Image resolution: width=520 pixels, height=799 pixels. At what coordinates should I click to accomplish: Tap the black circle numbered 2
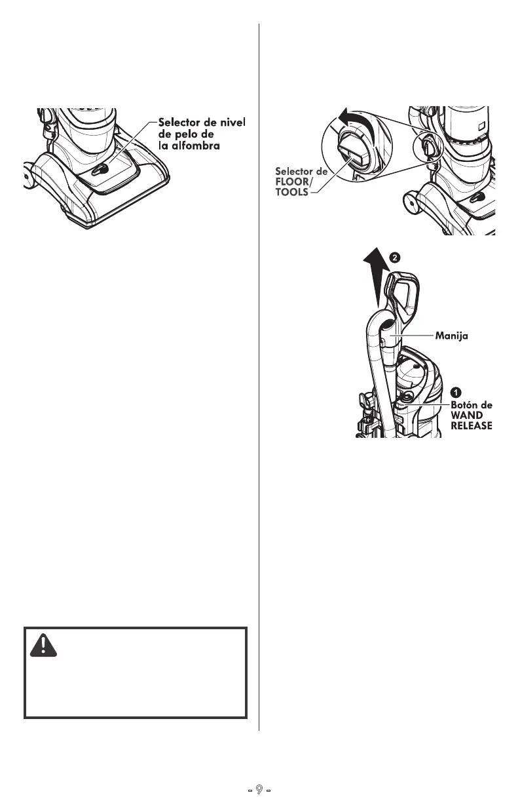pyautogui.click(x=395, y=258)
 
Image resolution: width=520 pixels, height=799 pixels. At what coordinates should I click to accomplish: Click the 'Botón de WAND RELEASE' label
pyautogui.click(x=471, y=416)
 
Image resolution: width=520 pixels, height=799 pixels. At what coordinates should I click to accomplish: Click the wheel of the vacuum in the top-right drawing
pyautogui.click(x=411, y=203)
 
